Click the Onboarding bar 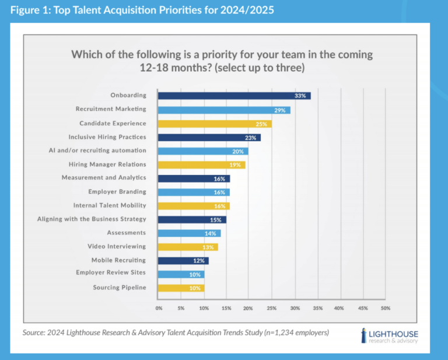(233, 96)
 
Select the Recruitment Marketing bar (224, 110)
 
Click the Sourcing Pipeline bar (181, 288)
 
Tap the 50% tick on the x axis (385, 307)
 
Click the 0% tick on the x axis (159, 307)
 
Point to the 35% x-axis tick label (317, 307)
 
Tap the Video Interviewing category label (117, 246)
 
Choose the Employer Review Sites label (111, 272)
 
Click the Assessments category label (127, 232)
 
